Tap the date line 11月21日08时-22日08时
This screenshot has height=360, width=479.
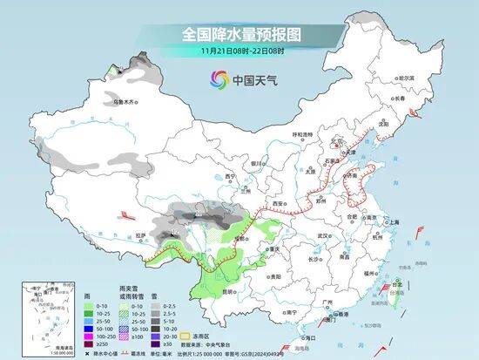point(239,51)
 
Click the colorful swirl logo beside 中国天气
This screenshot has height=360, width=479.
point(216,80)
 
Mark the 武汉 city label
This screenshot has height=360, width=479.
point(327,236)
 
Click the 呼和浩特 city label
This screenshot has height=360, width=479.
point(301,134)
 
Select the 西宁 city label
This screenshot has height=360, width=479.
point(230,176)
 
